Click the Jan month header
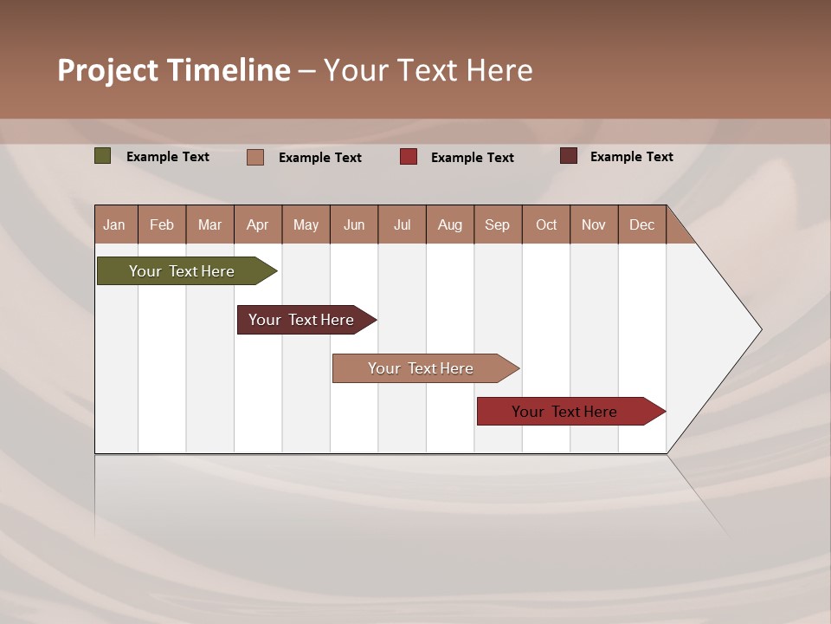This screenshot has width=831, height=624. [115, 224]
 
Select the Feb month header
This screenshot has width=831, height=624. [162, 224]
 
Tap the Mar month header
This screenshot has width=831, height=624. [209, 224]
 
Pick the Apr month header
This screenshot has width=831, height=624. [258, 224]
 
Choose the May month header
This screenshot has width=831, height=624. [306, 224]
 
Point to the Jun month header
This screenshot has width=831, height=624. [354, 224]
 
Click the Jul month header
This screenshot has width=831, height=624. [402, 224]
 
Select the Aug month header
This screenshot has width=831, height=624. [450, 224]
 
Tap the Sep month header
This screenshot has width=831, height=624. [498, 224]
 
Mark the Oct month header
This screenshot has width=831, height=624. [546, 224]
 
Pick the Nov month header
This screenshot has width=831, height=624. [594, 224]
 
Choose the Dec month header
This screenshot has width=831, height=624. [642, 224]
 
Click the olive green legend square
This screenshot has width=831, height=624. [103, 156]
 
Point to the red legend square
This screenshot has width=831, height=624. [409, 156]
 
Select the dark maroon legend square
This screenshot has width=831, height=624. [569, 156]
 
